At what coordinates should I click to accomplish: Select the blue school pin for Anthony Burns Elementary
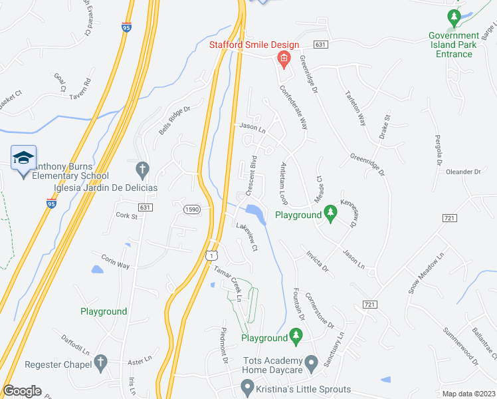(x=24, y=158)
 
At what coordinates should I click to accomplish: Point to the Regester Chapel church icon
(x=100, y=362)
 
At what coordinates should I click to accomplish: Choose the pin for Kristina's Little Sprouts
(x=248, y=386)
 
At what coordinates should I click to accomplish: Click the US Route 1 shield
(x=211, y=255)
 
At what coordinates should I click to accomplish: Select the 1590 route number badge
(x=191, y=209)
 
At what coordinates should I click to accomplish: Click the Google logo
(x=22, y=391)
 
